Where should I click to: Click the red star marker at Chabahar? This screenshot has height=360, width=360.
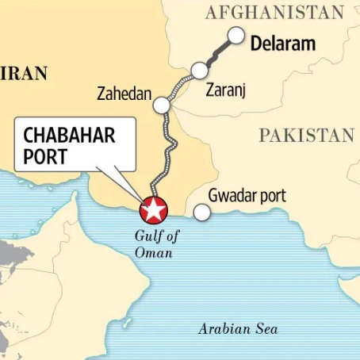tap(154, 211)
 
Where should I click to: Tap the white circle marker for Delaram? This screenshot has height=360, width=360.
tap(236, 35)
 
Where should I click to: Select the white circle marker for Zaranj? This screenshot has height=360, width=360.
tap(199, 71)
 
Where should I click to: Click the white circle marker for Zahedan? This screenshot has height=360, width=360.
tap(162, 105)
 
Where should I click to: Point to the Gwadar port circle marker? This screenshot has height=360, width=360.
tap(202, 212)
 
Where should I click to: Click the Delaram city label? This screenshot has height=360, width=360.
tap(282, 43)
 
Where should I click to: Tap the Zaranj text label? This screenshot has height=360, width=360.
tap(226, 90)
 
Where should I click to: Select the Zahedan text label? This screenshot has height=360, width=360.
tap(124, 94)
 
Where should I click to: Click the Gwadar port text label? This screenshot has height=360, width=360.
tap(247, 195)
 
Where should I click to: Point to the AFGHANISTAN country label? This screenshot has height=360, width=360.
tap(274, 12)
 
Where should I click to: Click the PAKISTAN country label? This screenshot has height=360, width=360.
tap(306, 136)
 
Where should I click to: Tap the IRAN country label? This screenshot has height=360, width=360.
tap(24, 74)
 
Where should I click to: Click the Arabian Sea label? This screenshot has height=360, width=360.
tap(238, 328)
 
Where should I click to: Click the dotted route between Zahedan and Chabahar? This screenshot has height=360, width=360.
tap(166, 155)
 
